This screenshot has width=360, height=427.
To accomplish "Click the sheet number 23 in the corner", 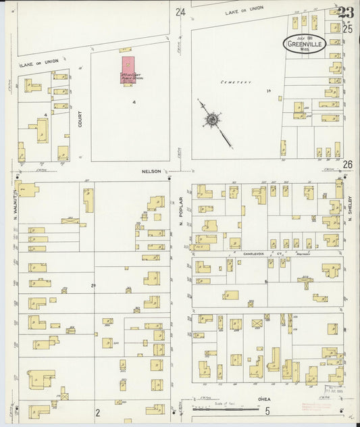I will click(346, 13).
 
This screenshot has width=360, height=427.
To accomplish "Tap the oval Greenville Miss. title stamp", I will click(305, 43).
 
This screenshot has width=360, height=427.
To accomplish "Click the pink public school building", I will click(130, 70).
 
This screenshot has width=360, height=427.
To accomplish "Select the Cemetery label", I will click(235, 82).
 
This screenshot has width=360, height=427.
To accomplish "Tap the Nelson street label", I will click(151, 172).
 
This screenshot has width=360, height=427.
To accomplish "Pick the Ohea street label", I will click(264, 399).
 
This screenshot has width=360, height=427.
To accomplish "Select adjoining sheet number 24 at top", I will click(180, 12).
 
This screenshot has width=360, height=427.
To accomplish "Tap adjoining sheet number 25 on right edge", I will click(348, 28).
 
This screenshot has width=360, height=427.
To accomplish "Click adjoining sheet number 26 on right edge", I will click(348, 164).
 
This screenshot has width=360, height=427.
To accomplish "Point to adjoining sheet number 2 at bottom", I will click(97, 412).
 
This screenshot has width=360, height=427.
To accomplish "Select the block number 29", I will click(94, 286).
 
